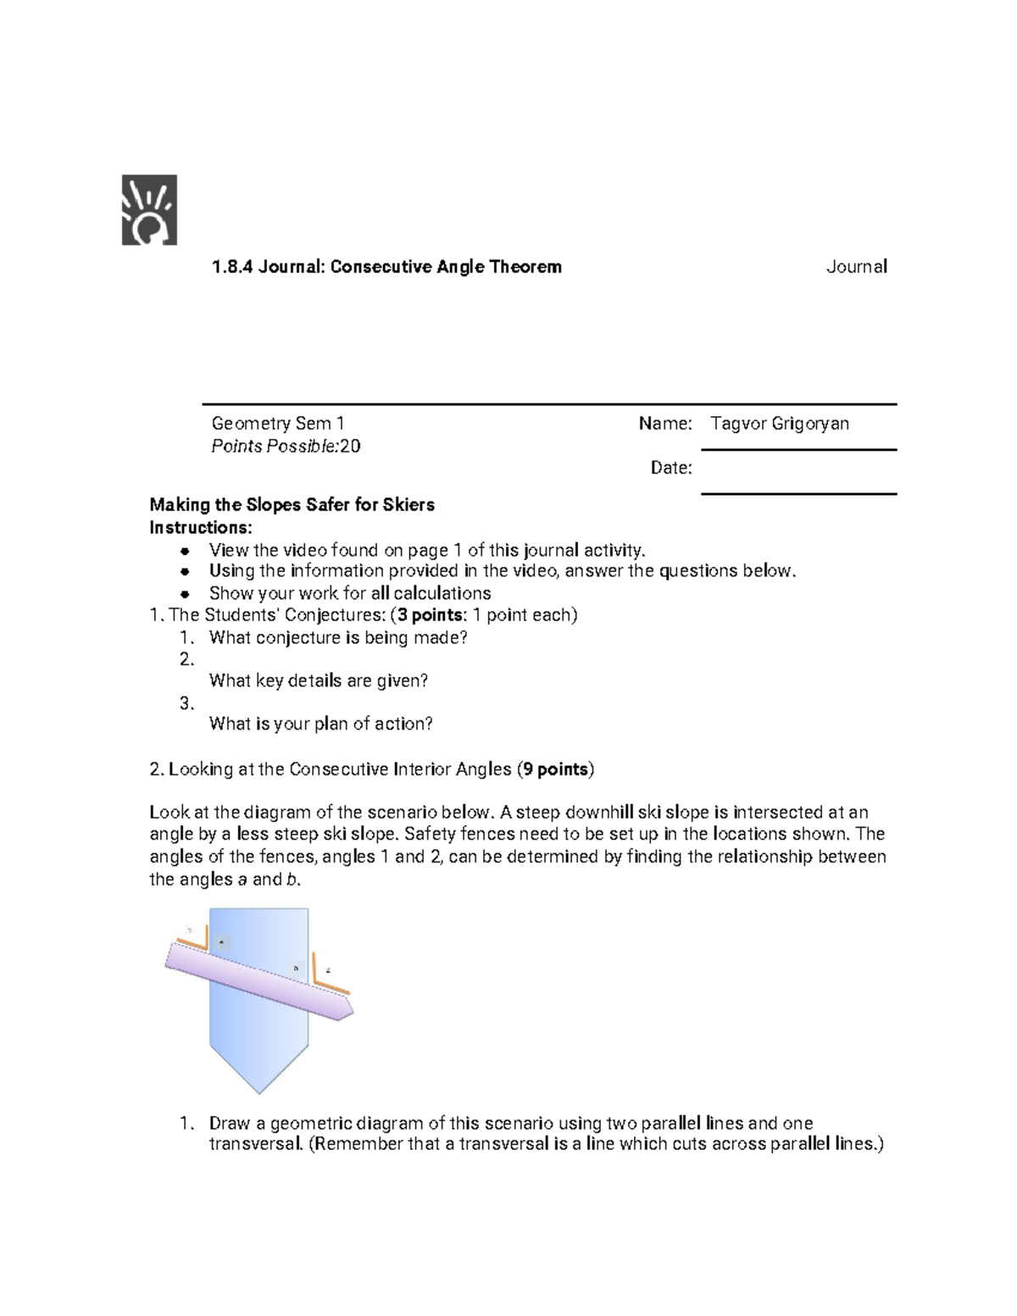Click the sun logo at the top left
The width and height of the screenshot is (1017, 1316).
[149, 210]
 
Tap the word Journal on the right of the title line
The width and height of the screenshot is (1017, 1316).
[856, 267]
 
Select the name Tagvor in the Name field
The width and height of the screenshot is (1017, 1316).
[738, 423]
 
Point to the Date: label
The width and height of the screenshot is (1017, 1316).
[670, 468]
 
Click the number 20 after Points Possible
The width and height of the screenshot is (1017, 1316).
[350, 447]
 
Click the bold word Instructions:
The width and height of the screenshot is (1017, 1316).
[201, 528]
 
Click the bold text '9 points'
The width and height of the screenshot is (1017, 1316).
[555, 769]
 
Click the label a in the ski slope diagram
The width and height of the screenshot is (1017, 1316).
[222, 941]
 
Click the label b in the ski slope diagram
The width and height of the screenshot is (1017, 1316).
[296, 968]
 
